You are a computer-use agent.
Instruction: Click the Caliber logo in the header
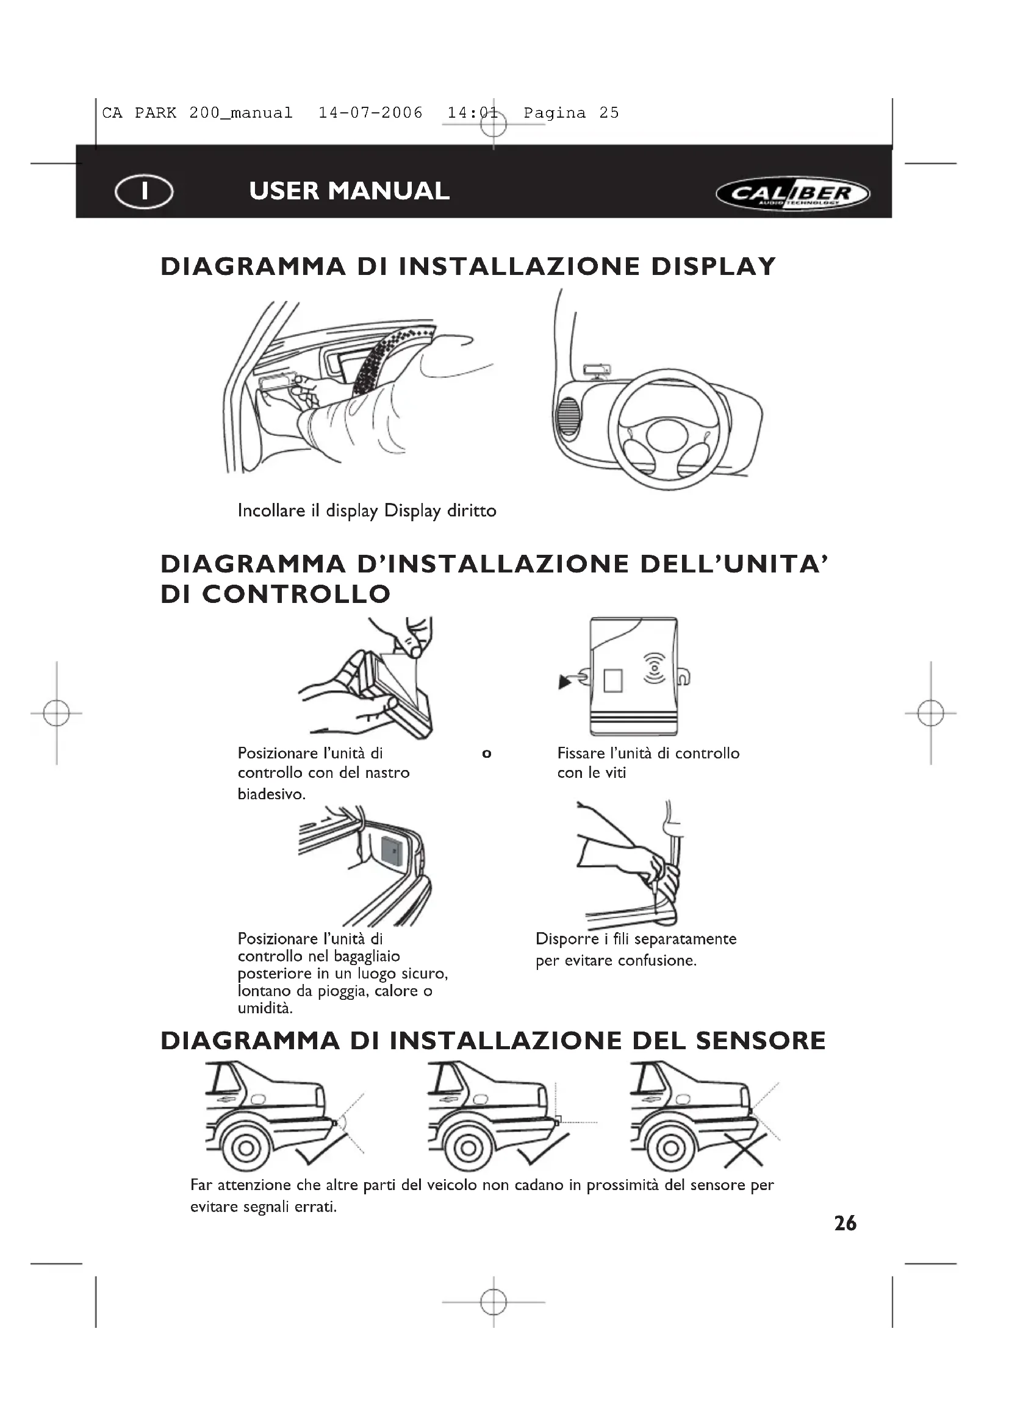793,194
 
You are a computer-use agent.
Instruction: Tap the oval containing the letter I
144,191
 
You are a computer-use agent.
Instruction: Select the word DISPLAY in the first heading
714,266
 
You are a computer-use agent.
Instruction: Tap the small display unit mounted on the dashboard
597,370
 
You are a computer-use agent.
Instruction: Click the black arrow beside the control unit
565,683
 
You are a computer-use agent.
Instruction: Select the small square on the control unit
612,680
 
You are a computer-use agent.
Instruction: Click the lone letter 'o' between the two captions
486,754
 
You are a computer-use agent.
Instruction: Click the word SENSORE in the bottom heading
761,1041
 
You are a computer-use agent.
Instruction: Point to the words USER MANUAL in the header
349,191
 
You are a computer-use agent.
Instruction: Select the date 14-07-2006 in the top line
370,113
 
